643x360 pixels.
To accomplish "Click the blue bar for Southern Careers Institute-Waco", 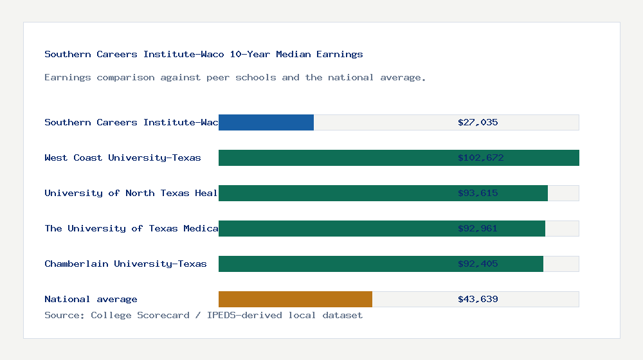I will tap(266, 122).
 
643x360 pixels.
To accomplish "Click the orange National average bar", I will tap(295, 299).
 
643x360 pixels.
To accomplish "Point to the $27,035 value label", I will tap(478, 122).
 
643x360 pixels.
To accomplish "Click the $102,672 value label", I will tap(480, 157).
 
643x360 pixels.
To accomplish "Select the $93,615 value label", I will tap(478, 193).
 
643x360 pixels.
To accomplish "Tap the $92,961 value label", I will tap(478, 228).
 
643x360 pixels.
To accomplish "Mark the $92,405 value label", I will tap(478, 264).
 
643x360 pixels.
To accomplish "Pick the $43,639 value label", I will tap(478, 299).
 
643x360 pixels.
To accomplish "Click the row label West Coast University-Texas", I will tap(123, 157).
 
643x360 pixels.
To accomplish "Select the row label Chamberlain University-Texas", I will tap(125, 264).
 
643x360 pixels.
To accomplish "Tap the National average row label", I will tap(91, 299).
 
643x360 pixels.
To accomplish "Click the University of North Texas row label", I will tap(131, 193).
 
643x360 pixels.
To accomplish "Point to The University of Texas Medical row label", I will tap(131, 228).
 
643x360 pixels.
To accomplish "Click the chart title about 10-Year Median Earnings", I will tap(204, 54).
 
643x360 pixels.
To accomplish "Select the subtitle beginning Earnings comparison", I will tap(235, 77).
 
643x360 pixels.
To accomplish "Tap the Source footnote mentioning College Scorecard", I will tap(203, 315).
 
